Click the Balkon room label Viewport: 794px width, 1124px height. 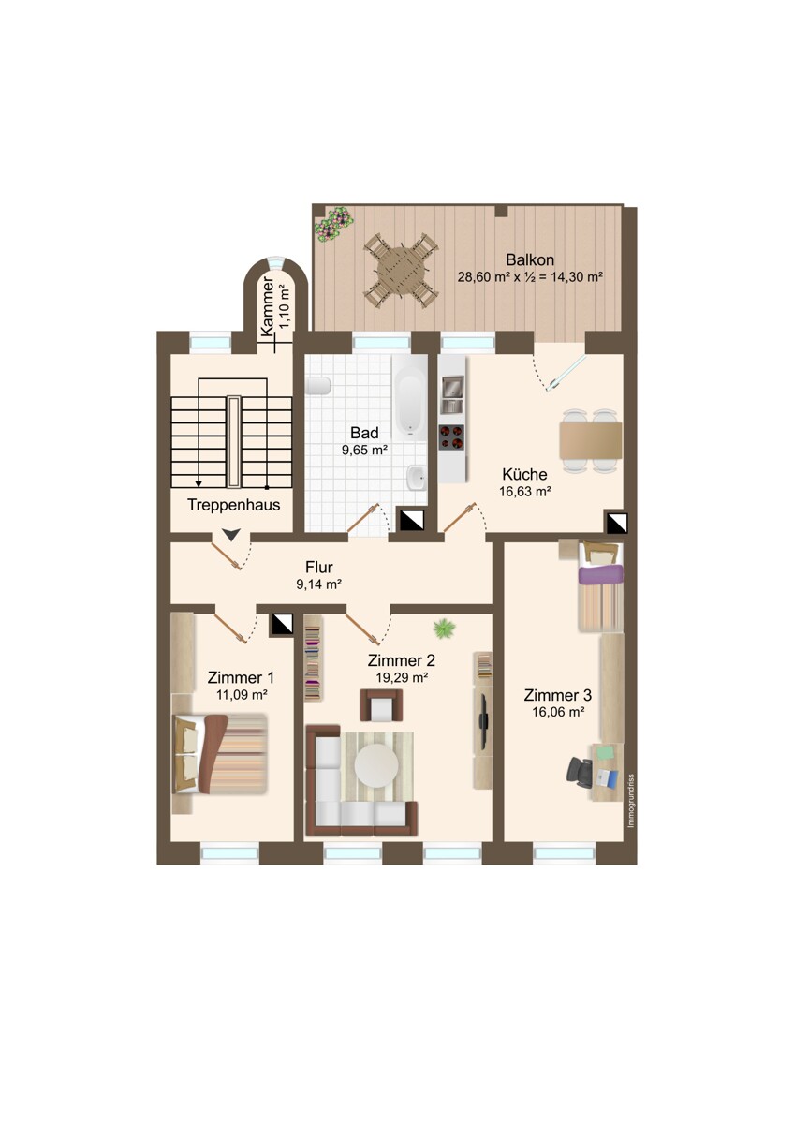[x=530, y=260]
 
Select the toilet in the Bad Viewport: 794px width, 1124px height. [x=318, y=386]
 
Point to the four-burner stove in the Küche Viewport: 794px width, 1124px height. [x=451, y=437]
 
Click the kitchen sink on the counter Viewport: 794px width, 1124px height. [x=451, y=394]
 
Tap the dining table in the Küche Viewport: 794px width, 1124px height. [x=591, y=440]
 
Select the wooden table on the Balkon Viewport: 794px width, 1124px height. [x=403, y=270]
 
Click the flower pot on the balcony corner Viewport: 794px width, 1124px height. [x=332, y=226]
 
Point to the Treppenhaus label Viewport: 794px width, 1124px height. [x=234, y=505]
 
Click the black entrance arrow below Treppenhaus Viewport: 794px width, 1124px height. [x=230, y=535]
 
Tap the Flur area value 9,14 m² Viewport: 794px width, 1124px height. [x=319, y=584]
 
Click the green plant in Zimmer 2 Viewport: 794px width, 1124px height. [x=444, y=629]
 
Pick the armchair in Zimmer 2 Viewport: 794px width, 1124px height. [x=381, y=705]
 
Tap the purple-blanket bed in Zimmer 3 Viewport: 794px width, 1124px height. [x=601, y=586]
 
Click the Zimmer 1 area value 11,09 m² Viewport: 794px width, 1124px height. [x=242, y=695]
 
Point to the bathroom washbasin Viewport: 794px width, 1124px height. [x=417, y=476]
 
